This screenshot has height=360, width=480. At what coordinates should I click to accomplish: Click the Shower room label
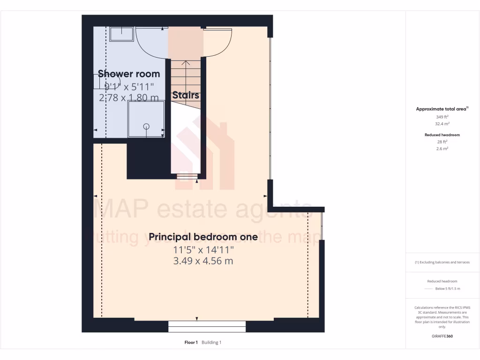pos(129,74)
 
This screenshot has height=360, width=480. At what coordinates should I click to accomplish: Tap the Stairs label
pos(186,95)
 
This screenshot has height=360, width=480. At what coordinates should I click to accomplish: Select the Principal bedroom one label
pos(203,237)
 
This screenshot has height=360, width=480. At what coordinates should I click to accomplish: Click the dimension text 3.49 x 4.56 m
pos(203,261)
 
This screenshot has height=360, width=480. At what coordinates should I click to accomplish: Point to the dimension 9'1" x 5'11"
pos(129,86)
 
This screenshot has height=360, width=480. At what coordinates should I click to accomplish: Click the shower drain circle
pos(146,126)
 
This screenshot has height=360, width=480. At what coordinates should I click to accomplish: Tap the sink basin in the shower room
pos(122,34)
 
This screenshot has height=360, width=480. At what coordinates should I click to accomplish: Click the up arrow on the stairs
pos(186,64)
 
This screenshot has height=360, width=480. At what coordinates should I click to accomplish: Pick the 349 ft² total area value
pos(442,117)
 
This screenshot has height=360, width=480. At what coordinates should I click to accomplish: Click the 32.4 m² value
pos(442,124)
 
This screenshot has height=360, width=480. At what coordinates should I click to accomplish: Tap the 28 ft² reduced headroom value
pos(442,142)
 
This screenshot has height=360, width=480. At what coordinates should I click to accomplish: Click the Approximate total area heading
pos(441,109)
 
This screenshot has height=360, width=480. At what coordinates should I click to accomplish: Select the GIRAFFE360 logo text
pos(442,336)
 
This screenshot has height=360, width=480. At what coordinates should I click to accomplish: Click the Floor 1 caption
pos(191,343)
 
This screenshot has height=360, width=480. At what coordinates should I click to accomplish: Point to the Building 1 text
pos(211,343)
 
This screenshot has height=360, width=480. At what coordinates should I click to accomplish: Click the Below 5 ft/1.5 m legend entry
pos(448,289)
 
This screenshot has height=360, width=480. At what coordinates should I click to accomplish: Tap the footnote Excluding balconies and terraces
pos(442,262)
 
